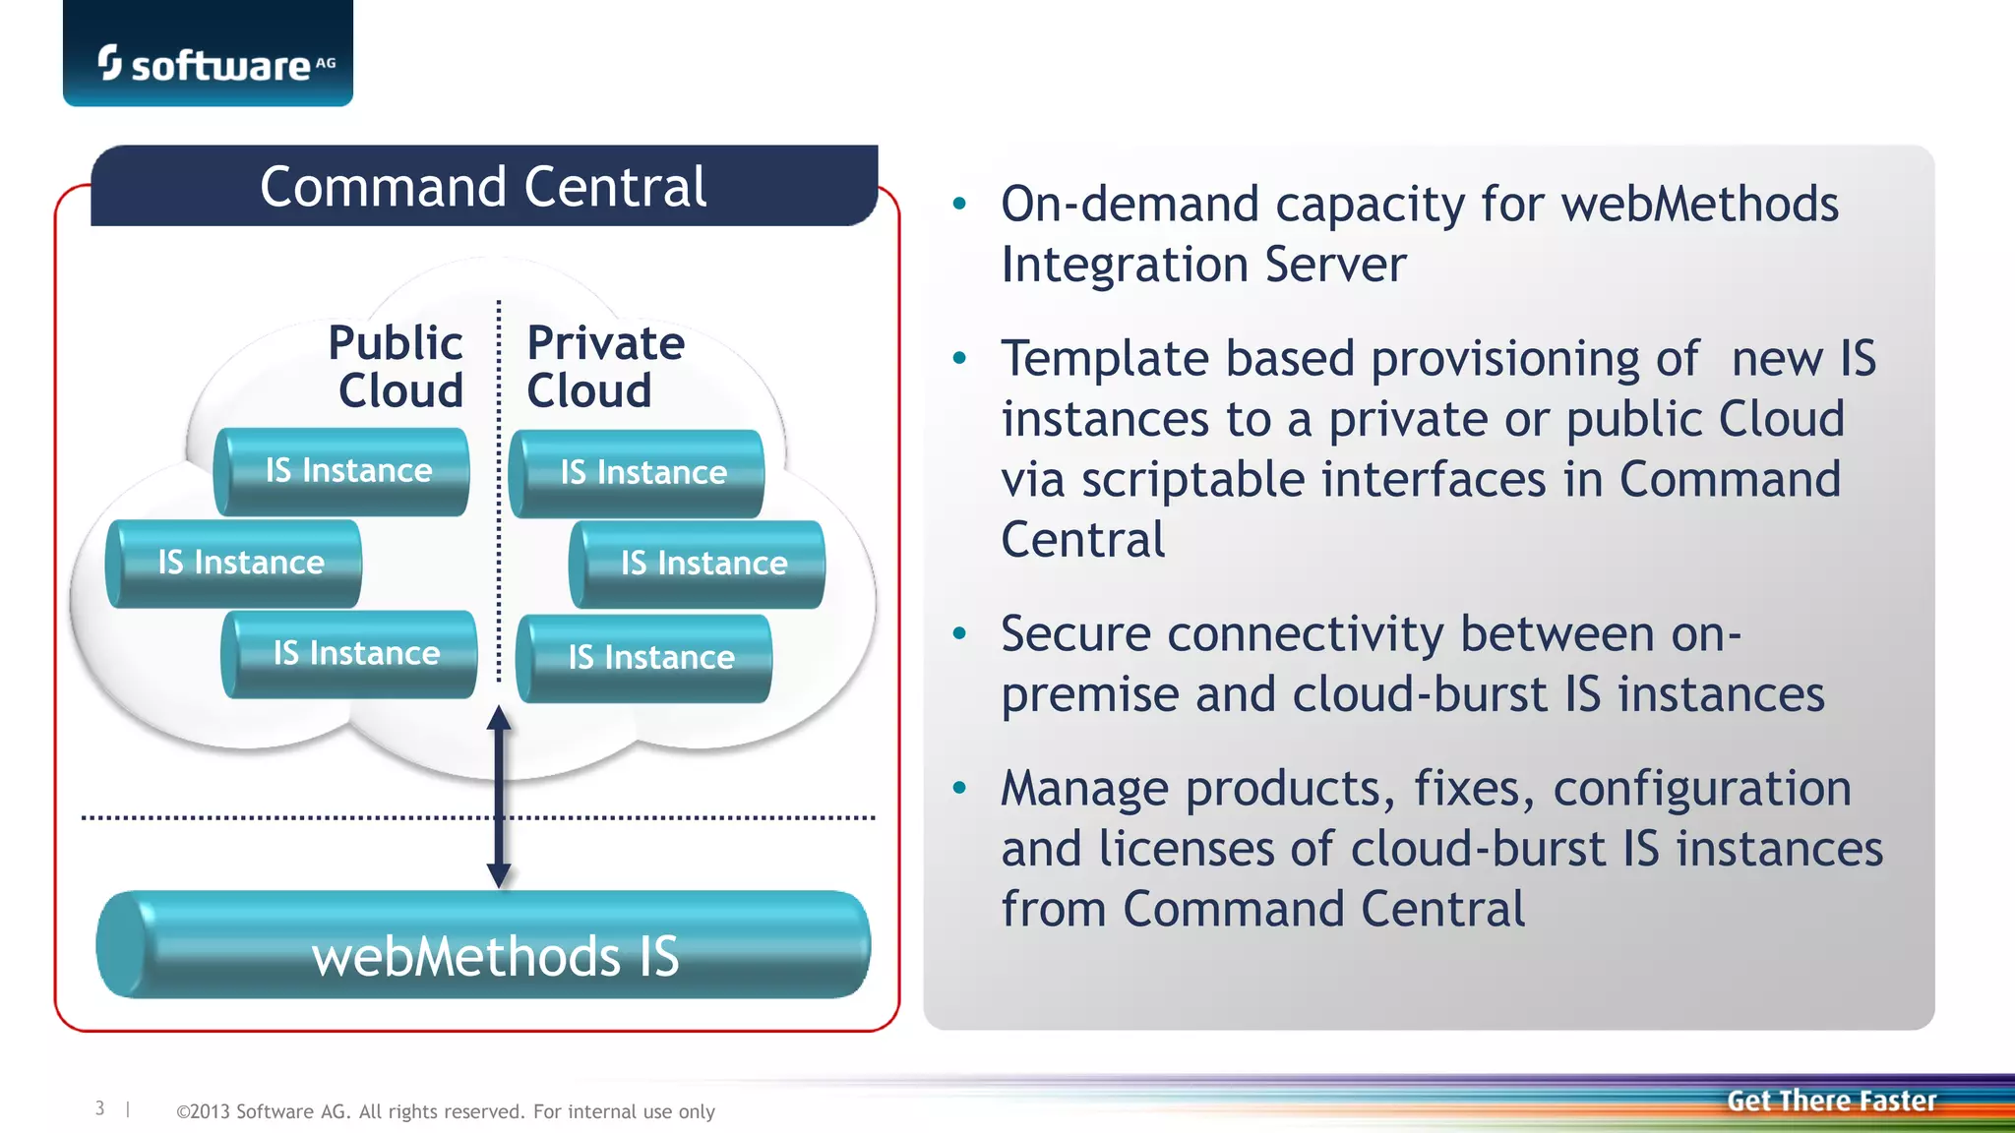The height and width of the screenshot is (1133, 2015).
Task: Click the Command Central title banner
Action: click(x=483, y=186)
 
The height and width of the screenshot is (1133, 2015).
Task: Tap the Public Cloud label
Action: click(x=397, y=366)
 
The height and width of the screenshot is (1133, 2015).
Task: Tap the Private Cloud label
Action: click(x=604, y=366)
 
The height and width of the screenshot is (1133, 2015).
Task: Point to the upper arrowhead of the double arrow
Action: click(x=499, y=719)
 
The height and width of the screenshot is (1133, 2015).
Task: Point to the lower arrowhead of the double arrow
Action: click(x=499, y=874)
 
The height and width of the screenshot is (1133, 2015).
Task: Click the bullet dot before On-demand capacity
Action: click(x=960, y=205)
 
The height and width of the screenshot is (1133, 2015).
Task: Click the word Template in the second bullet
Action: click(x=1103, y=359)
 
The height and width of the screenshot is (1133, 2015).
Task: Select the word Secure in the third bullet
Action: click(x=1075, y=634)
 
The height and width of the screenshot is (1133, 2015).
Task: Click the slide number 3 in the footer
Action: click(x=99, y=1108)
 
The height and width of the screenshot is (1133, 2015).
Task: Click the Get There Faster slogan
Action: click(x=1831, y=1101)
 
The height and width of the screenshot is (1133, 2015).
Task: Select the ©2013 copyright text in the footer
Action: click(x=445, y=1111)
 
